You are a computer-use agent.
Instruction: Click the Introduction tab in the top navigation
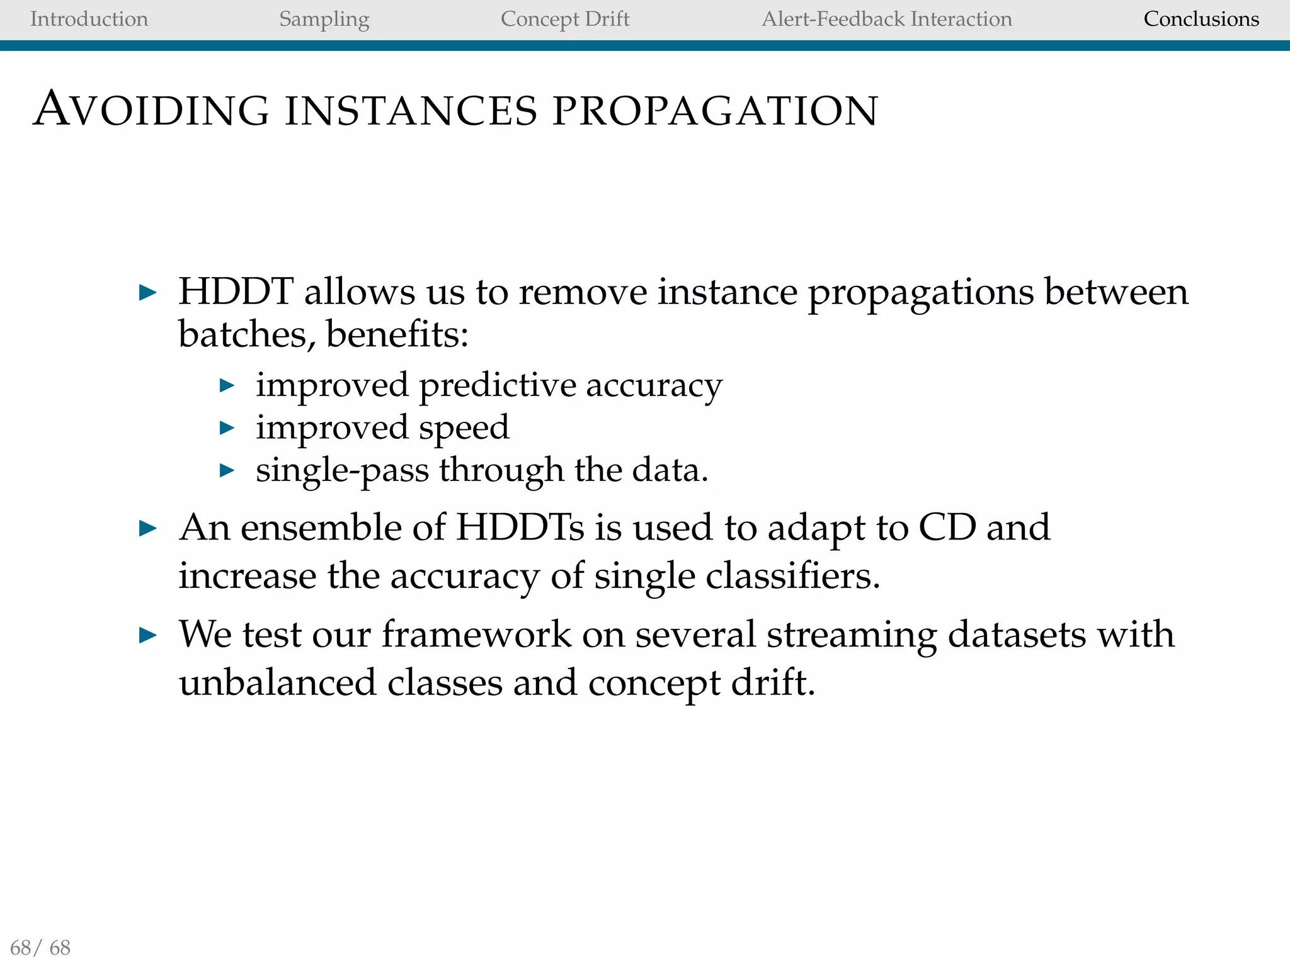pos(89,19)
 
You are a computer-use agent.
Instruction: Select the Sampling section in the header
pos(324,20)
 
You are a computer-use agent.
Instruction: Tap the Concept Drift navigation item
pos(564,20)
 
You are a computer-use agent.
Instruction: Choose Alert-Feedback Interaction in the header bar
pos(886,19)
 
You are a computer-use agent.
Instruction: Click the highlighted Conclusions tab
pos(1201,19)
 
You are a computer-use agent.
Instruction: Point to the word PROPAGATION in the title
pos(714,111)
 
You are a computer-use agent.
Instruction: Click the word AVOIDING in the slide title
pos(151,110)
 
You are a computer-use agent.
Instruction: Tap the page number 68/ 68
pos(40,947)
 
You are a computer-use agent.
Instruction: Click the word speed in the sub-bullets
pos(464,427)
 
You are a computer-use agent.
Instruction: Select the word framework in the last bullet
pos(476,634)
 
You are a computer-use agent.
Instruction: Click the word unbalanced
pos(277,682)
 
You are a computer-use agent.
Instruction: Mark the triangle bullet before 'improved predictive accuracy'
pos(227,385)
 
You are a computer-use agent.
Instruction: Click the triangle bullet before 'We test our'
pos(147,635)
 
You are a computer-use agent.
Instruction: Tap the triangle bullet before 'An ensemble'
pos(147,528)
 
